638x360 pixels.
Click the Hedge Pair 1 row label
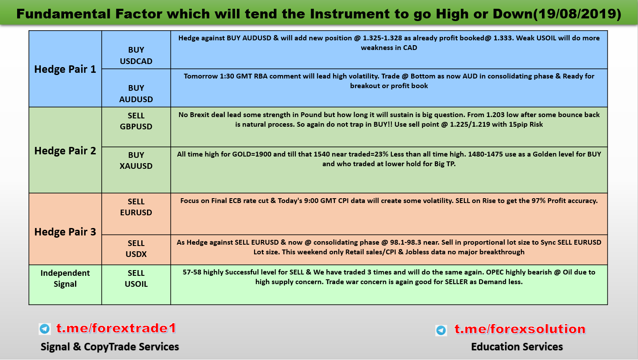click(65, 69)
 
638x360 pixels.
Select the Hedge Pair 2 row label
click(65, 151)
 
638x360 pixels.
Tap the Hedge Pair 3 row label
click(65, 232)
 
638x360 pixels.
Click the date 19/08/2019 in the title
click(577, 14)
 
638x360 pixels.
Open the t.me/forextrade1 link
click(116, 328)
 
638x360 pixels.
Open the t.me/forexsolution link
click(520, 329)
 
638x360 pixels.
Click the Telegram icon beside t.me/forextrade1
click(45, 329)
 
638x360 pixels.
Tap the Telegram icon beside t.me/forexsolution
click(441, 330)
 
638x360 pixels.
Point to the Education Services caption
click(517, 346)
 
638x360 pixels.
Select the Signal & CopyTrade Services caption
click(110, 346)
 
